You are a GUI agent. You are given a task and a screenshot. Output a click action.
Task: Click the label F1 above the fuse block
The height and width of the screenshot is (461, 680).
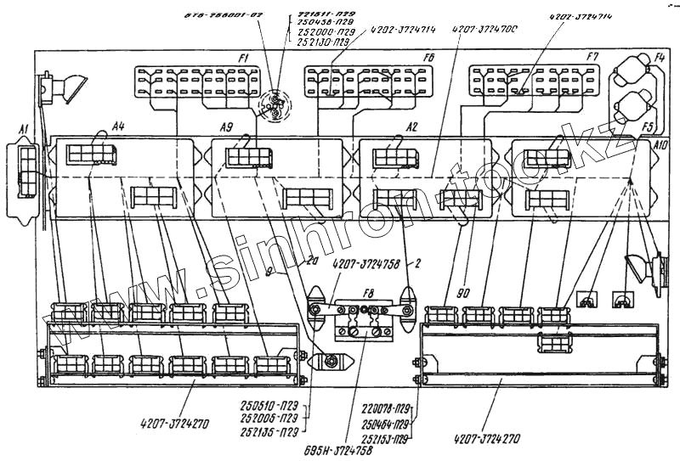click(244, 57)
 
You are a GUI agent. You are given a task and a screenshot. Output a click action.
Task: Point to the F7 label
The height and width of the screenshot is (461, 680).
click(592, 57)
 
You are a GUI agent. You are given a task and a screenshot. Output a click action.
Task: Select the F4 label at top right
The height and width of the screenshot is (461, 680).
click(660, 58)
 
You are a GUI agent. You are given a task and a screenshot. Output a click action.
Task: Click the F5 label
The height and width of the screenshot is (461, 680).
click(648, 127)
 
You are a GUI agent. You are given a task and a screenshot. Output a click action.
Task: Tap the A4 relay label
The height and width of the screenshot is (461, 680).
click(118, 126)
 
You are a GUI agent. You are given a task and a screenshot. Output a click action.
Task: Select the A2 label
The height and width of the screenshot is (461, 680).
click(411, 126)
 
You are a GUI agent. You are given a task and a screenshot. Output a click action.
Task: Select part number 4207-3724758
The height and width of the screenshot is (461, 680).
click(365, 265)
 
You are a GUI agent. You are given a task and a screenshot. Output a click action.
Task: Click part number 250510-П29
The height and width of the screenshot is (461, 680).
click(268, 406)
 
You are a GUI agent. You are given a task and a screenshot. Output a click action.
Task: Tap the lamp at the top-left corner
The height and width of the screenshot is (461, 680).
click(64, 87)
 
